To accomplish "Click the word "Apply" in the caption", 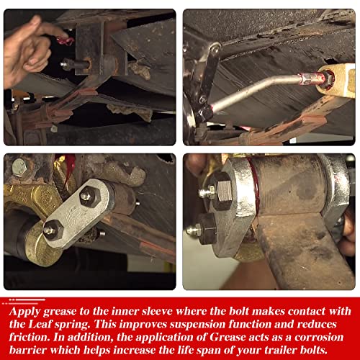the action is click(24, 312).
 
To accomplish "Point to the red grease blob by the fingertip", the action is click(65, 41).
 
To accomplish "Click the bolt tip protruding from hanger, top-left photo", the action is click(64, 65).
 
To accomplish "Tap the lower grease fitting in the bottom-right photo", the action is click(193, 230).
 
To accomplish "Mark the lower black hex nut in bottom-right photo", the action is click(207, 228).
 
